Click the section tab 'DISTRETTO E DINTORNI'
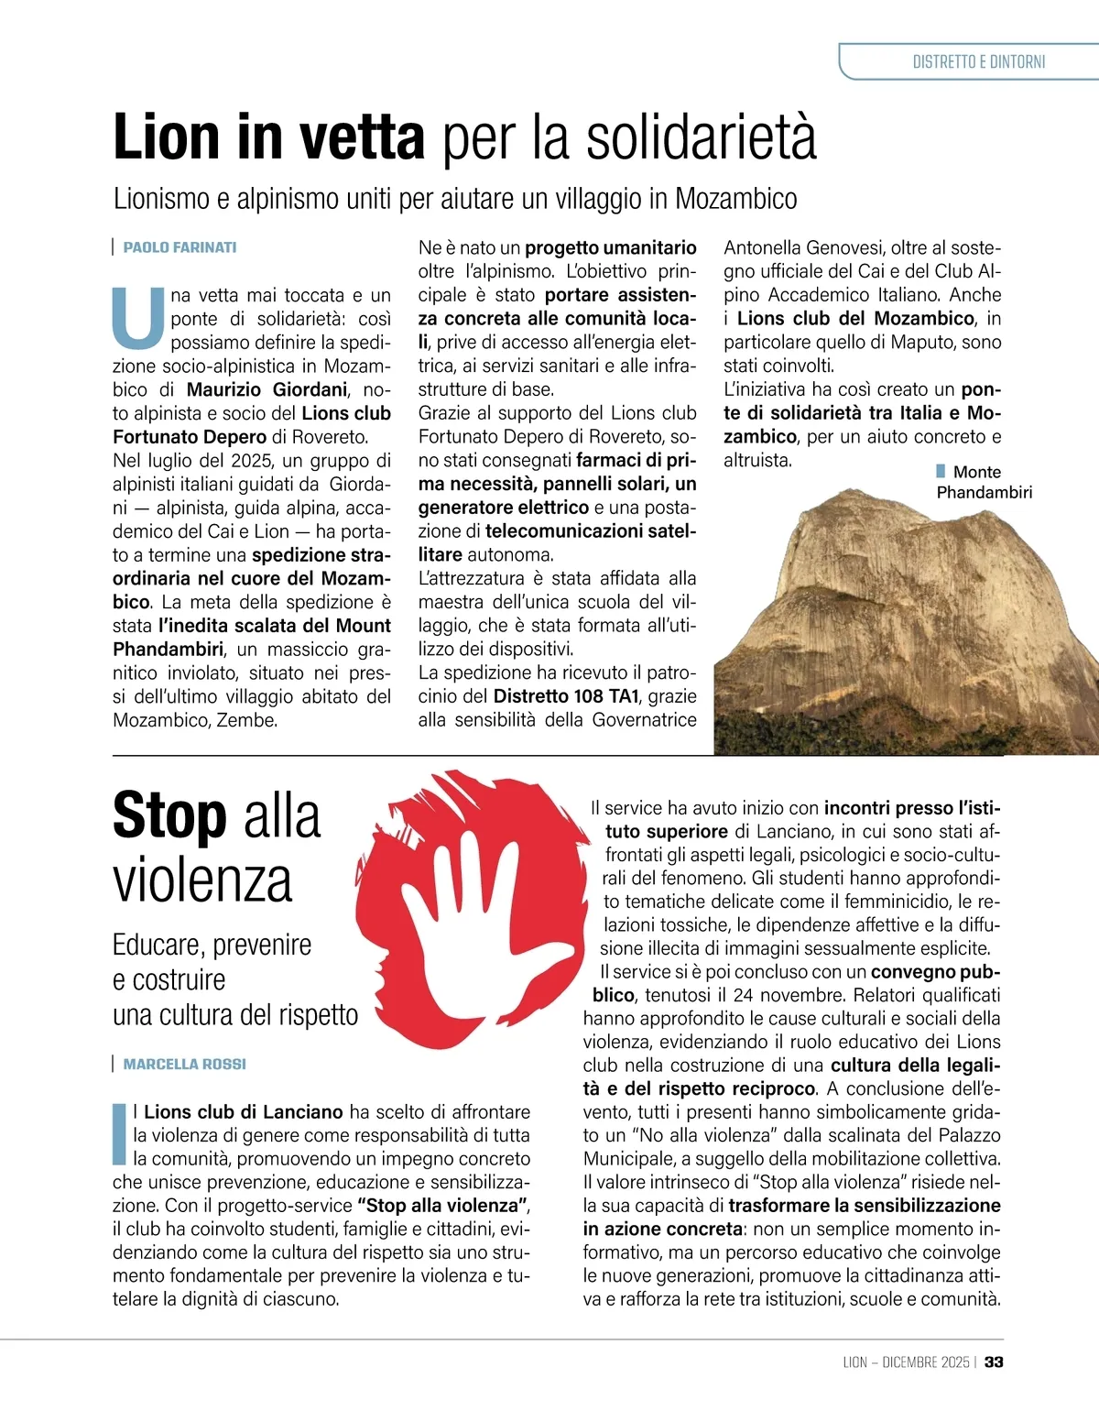[x=978, y=62]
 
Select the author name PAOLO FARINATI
[x=180, y=247]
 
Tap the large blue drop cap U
[x=137, y=318]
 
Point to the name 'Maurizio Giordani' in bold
[x=267, y=389]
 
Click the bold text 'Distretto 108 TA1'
[x=566, y=696]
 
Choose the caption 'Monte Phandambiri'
[x=983, y=482]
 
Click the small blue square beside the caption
[x=941, y=471]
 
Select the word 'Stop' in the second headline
[x=169, y=816]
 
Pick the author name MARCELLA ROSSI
[x=184, y=1064]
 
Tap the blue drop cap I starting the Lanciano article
[x=118, y=1134]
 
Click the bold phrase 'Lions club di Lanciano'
[x=243, y=1111]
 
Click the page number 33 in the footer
[x=994, y=1362]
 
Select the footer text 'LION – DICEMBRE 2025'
[x=906, y=1362]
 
